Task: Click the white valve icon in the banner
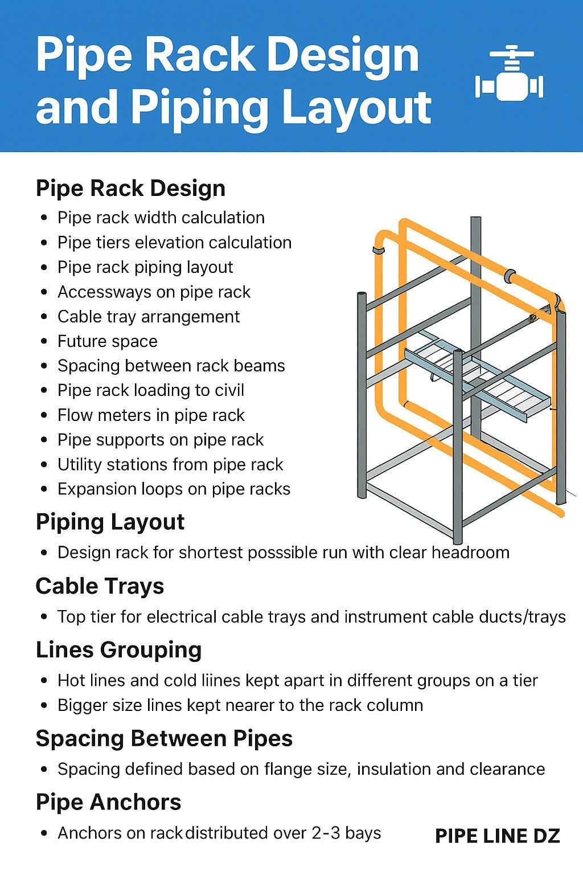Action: coord(509,73)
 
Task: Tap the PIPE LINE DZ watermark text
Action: coord(498,836)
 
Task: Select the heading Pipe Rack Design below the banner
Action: coord(130,189)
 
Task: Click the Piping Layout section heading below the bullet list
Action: coord(110,522)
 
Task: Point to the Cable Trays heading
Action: coord(100,586)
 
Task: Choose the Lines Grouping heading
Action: coord(119,651)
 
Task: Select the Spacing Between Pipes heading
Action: coord(164,739)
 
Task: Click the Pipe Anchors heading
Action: coord(109,802)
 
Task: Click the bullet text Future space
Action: coord(108,341)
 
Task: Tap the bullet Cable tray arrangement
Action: coord(149,317)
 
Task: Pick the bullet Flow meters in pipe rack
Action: coord(151,415)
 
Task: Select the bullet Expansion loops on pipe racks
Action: coord(174,489)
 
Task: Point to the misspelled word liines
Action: coord(221,681)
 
